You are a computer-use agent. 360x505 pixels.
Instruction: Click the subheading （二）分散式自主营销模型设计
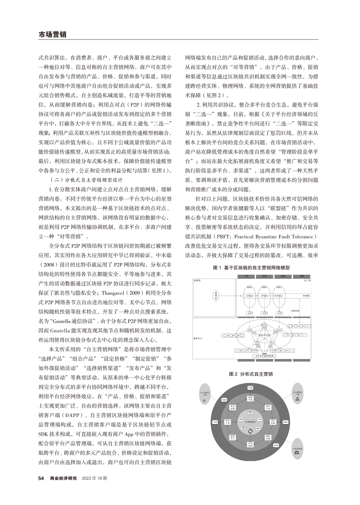point(87,179)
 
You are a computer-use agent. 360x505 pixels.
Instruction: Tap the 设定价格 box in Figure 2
point(274,421)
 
